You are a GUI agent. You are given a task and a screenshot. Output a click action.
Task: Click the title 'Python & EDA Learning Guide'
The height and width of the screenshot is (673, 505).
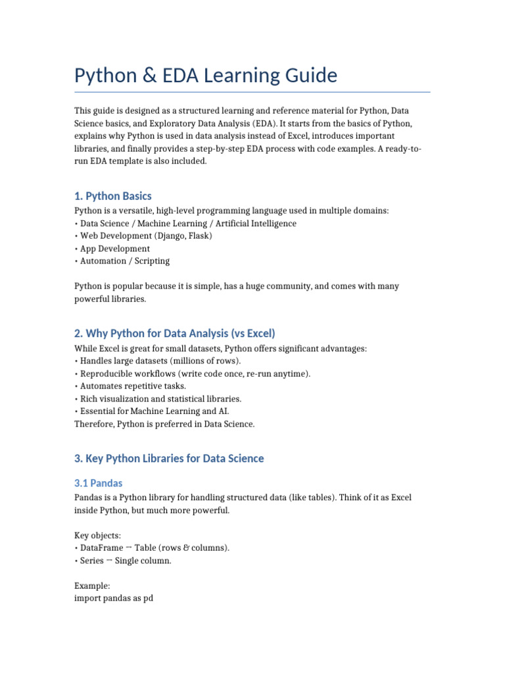[206, 76]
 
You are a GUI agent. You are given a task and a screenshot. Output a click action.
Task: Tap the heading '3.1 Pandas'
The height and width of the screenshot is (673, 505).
[98, 483]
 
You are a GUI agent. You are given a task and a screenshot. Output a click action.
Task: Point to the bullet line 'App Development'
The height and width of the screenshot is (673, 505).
[114, 248]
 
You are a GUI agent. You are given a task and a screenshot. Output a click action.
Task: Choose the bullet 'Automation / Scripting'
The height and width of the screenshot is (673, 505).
[124, 261]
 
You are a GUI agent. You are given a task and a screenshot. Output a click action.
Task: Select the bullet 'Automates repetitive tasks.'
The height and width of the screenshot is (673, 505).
[133, 386]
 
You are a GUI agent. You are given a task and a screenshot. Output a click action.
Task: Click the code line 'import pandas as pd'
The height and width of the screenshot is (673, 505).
[114, 599]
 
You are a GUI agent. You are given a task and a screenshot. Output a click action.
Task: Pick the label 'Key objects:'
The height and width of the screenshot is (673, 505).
[97, 536]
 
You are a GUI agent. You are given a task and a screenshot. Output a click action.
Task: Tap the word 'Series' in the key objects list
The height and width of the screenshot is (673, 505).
[92, 561]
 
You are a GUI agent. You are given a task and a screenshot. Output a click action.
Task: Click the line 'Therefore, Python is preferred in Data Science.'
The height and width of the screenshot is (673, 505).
[164, 424]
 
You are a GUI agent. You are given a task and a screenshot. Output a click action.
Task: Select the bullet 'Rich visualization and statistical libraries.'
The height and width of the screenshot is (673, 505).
[160, 399]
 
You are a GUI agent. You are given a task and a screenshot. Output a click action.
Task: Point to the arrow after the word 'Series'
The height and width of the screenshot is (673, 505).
[110, 561]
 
